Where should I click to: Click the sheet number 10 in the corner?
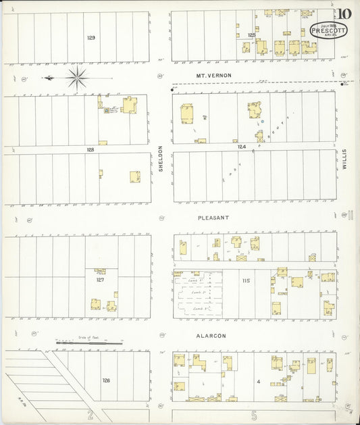click(344, 14)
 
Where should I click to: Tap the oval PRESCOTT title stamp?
click(329, 30)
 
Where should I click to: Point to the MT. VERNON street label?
click(213, 75)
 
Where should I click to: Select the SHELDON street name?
click(161, 158)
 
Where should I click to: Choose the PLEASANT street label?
click(213, 218)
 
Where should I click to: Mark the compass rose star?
click(77, 78)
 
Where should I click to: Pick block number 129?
click(91, 38)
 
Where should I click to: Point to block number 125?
click(251, 34)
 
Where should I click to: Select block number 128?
click(90, 149)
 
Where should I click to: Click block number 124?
click(242, 146)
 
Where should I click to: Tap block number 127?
click(100, 279)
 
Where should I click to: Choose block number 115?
click(247, 280)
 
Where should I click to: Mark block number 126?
click(106, 380)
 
